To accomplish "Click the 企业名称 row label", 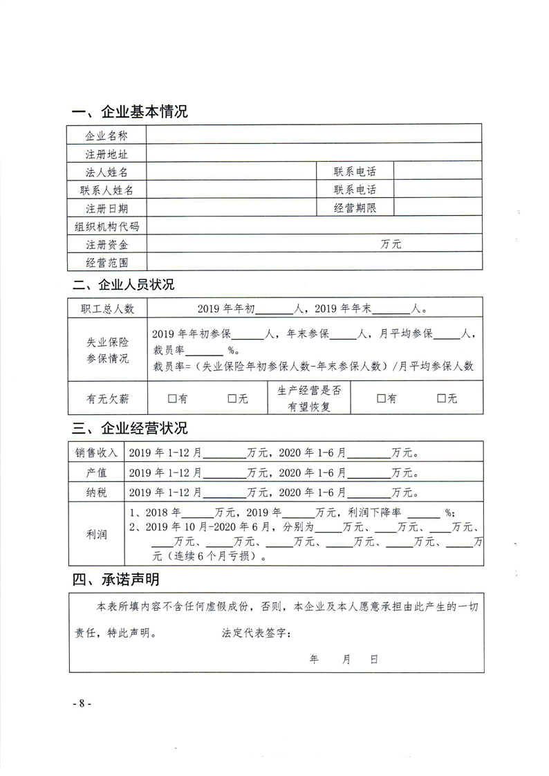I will coord(106,136).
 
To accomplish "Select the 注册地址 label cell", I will coord(106,154).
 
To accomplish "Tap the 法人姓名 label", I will coord(106,172).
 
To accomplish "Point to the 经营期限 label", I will coord(355,207).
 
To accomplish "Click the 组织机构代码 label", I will coord(106,226).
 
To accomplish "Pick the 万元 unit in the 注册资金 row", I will coord(391,244).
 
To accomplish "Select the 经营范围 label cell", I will coord(106,262).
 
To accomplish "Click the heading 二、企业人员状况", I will coord(124,285).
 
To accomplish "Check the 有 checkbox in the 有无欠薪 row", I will coord(172,398).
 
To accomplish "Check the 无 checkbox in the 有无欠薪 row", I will coord(232,398).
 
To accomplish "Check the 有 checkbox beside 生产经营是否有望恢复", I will coord(381,398).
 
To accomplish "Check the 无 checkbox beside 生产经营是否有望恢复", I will coord(442,398).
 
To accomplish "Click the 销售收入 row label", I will coord(97,454).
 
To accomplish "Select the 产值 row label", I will coord(97,473).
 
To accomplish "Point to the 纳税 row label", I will coord(97,492).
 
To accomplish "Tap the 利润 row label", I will coord(97,533).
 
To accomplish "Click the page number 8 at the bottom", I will coord(82,703).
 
